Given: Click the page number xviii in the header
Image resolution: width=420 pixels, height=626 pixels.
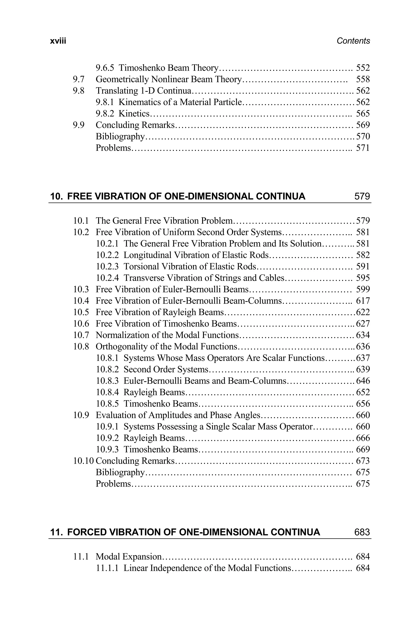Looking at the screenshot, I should [x=58, y=41].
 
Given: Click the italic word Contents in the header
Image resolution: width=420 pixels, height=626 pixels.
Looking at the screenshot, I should [x=353, y=41].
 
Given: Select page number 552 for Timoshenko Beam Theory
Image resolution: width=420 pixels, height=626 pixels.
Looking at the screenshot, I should [x=363, y=68].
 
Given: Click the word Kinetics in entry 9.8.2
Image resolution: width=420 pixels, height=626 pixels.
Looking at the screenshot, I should [x=134, y=114].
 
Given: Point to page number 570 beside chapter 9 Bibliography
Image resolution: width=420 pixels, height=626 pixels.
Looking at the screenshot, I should [x=363, y=136].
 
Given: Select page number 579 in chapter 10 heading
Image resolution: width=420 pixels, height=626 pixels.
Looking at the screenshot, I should [x=362, y=196].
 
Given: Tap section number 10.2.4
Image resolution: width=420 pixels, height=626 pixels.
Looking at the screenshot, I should [x=107, y=278].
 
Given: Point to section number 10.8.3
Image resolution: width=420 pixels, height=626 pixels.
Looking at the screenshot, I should [x=107, y=381].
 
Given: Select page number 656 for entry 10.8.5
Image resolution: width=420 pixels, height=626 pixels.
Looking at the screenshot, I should [x=363, y=404].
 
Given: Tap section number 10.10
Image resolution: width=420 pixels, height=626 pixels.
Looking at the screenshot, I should [x=83, y=461].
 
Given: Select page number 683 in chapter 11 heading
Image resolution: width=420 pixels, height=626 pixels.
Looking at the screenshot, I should [x=362, y=532].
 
